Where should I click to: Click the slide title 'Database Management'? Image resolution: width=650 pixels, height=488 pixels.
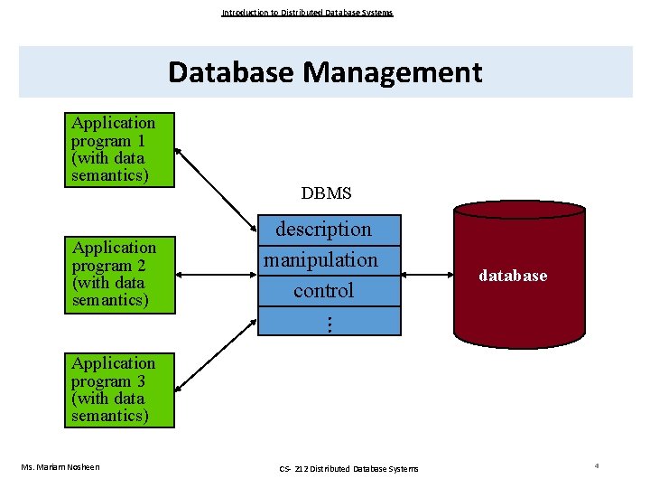(325, 71)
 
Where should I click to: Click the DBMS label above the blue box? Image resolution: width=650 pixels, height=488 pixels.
(326, 193)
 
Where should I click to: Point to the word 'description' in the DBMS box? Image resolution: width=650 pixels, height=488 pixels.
(323, 230)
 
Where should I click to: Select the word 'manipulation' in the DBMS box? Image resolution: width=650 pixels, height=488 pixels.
(320, 260)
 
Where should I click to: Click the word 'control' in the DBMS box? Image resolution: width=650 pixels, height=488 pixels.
(323, 291)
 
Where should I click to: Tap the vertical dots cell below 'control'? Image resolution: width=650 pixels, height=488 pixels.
(329, 322)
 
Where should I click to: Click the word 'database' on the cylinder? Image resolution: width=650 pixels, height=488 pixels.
(513, 276)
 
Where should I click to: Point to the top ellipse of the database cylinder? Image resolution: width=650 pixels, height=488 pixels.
(519, 211)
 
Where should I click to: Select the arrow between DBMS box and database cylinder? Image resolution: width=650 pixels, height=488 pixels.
(425, 274)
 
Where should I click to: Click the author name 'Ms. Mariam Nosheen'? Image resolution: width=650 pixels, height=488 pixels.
(60, 466)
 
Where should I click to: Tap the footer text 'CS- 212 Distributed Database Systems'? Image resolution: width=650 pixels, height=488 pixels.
(348, 468)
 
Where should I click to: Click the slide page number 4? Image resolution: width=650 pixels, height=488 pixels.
(597, 465)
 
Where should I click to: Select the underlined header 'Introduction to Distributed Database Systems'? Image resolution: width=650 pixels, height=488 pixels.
(307, 13)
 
